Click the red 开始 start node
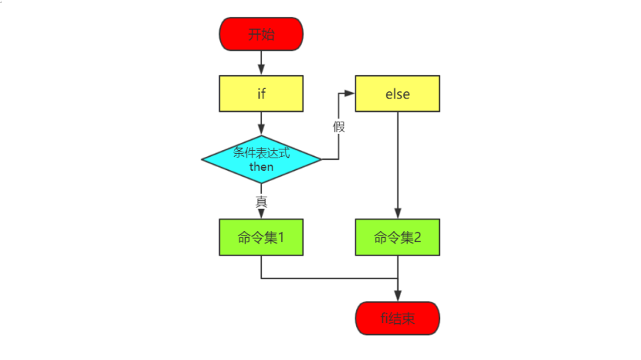(261, 34)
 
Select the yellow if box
(261, 93)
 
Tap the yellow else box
(397, 93)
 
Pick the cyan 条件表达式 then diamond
(261, 159)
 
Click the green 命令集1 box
(261, 237)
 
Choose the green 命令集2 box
(397, 237)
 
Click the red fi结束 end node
(397, 318)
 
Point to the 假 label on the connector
(339, 126)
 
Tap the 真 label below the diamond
(261, 200)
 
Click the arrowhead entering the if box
(261, 71)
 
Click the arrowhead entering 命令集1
(261, 214)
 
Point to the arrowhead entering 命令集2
(397, 214)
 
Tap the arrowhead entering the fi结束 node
(397, 296)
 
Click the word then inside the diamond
(261, 167)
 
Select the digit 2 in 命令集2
(417, 237)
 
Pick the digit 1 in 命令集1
(280, 237)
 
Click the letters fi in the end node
(383, 318)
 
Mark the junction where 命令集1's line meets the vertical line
(397, 278)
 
